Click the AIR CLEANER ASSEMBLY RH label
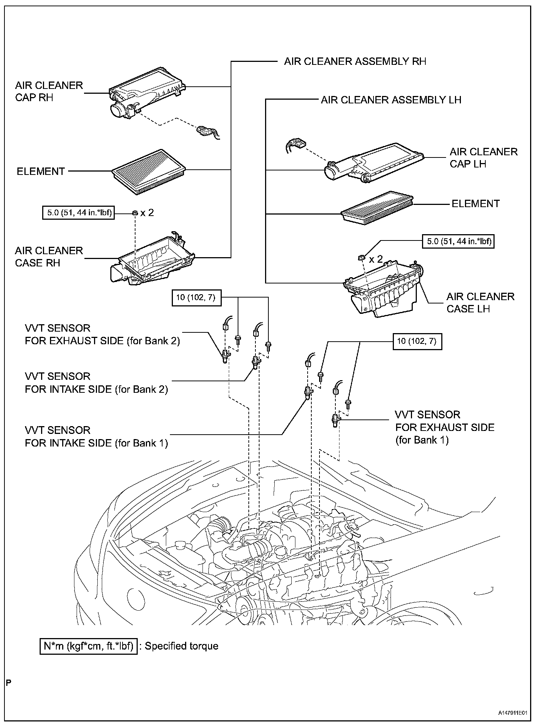(355, 61)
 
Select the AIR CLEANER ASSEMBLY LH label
(391, 100)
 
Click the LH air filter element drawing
(377, 208)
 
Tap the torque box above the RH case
(78, 213)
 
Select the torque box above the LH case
(459, 241)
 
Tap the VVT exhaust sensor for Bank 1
(335, 421)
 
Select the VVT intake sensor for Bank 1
(307, 392)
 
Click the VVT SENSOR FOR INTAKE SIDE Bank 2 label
(96, 383)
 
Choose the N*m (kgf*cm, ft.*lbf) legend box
(88, 646)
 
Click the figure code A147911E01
(512, 713)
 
